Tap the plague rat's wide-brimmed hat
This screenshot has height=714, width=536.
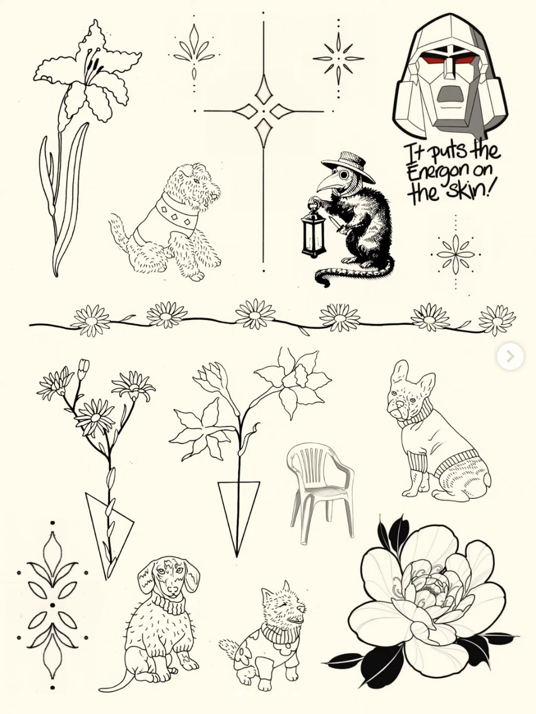click(348, 166)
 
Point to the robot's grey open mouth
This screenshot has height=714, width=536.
click(451, 94)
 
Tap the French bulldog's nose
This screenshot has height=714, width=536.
click(401, 403)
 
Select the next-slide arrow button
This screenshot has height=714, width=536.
click(510, 356)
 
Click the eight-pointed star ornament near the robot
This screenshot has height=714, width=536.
click(339, 59)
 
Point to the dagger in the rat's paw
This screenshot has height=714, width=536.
click(336, 225)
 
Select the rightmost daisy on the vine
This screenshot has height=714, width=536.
click(496, 320)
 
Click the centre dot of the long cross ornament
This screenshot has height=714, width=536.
click(263, 111)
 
